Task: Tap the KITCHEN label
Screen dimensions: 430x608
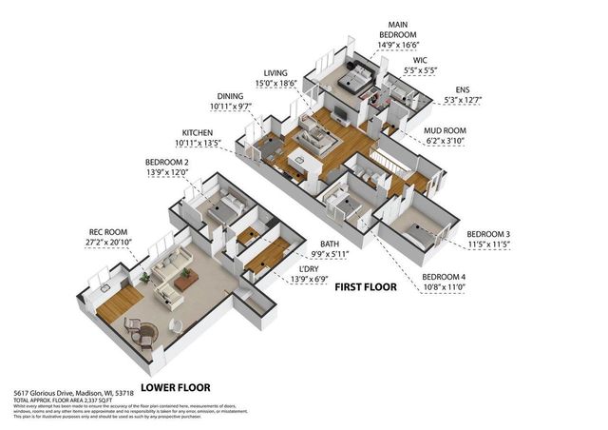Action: pos(197,133)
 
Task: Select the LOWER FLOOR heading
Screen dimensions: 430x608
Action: pos(175,387)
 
